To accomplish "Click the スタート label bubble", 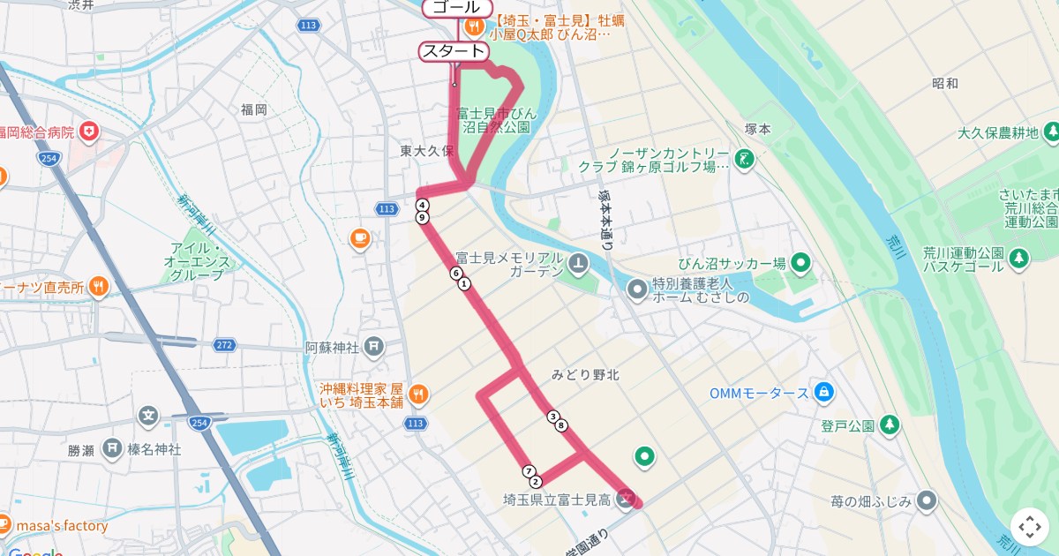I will (x=454, y=51).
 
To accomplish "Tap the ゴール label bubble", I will (x=456, y=8).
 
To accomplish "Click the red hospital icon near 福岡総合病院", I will (x=88, y=132).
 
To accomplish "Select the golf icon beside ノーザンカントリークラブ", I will (x=745, y=159).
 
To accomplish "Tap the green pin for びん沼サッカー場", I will (x=800, y=262).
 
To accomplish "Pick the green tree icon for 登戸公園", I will (x=890, y=425).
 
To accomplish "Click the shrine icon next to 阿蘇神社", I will (x=373, y=346).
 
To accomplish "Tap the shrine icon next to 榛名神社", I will (x=112, y=449).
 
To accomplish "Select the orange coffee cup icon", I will (x=359, y=237).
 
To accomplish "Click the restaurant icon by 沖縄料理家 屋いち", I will (x=417, y=393).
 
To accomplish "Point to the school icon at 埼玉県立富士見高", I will (x=626, y=500).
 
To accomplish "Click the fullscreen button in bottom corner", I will (x=1030, y=527).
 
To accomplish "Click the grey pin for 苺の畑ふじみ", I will (x=926, y=501).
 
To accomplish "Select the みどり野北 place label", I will (x=585, y=375).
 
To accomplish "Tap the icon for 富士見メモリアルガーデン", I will (x=577, y=262).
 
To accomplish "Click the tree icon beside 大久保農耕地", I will (x=1050, y=132).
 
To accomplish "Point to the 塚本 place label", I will (x=757, y=129).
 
